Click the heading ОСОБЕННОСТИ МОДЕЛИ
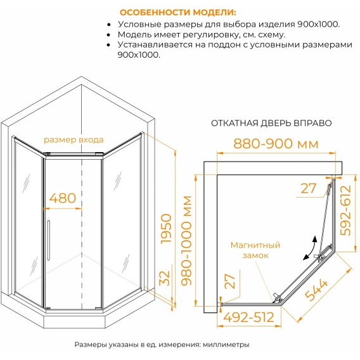tap(177, 13)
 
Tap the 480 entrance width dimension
tap(63, 198)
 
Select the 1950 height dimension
tap(166, 229)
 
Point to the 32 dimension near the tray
tap(165, 278)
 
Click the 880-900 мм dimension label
tap(276, 144)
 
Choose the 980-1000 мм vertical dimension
tap(186, 241)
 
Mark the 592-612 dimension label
tap(346, 210)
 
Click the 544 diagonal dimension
tap(316, 290)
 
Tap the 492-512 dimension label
tap(248, 318)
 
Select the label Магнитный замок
tap(255, 250)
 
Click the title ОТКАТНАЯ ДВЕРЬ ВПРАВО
tap(271, 124)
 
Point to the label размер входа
tap(74, 140)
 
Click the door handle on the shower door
tap(48, 240)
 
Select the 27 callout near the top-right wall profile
tap(308, 188)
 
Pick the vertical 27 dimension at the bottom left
tap(230, 281)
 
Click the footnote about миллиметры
tap(162, 344)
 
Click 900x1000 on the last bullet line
tap(139, 55)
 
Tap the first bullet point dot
tap(109, 25)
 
